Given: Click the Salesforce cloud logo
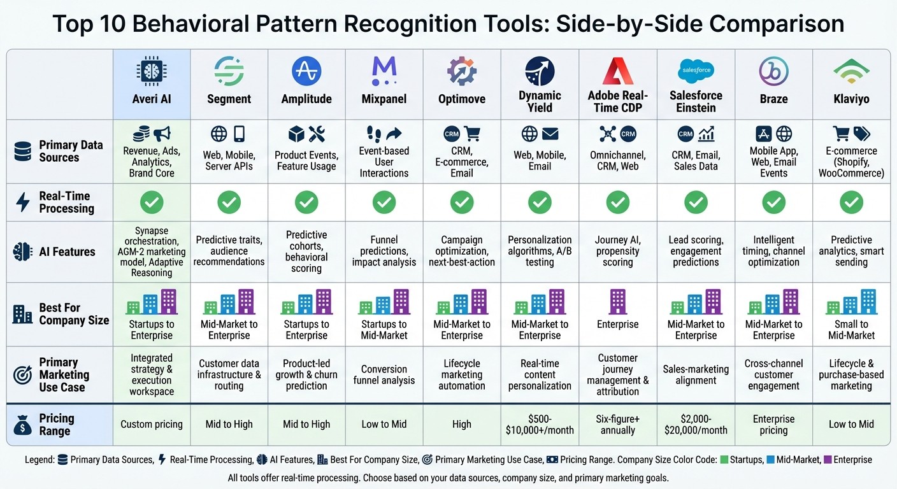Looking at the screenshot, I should [x=696, y=70].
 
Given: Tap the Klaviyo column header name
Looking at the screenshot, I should [x=851, y=99].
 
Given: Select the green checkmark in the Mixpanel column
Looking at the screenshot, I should [x=384, y=202].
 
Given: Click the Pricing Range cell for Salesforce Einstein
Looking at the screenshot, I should [x=696, y=424].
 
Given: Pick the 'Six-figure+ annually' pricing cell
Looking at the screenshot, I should [x=617, y=424].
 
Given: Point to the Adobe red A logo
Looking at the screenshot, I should [x=617, y=71].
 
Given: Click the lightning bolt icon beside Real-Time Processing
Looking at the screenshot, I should [x=22, y=202].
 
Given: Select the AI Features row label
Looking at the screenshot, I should [x=66, y=252].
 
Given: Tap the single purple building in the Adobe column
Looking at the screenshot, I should [x=617, y=301].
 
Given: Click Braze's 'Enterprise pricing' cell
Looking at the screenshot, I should [x=773, y=424].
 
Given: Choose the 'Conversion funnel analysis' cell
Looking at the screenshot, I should [x=384, y=374].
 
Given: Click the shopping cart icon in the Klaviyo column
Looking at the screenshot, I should [x=842, y=134].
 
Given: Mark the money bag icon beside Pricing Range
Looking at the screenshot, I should [x=22, y=425].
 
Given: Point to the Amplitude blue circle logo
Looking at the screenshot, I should [x=306, y=71].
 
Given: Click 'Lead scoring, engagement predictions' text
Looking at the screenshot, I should [x=696, y=251].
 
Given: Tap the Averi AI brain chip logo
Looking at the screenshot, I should [x=152, y=71].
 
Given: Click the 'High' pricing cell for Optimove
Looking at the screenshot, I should [x=462, y=424].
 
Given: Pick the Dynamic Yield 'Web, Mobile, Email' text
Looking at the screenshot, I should [x=540, y=160].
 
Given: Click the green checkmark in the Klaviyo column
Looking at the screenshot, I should [x=851, y=202].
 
